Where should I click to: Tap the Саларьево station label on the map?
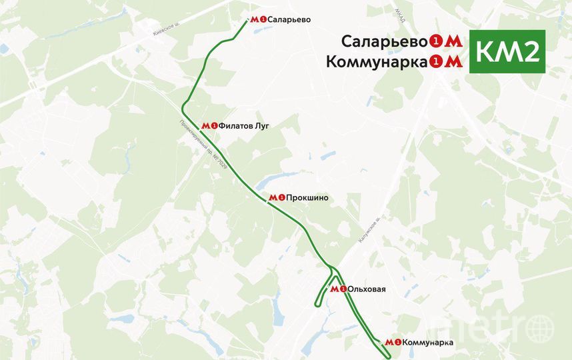[289, 20]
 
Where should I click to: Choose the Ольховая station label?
[367, 289]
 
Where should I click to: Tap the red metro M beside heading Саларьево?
[453, 41]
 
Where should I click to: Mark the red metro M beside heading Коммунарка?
[453, 62]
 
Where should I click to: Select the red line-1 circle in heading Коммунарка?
[436, 63]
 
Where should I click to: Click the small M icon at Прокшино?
[273, 198]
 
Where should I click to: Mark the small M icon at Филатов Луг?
[206, 125]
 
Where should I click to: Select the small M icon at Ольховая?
[334, 289]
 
